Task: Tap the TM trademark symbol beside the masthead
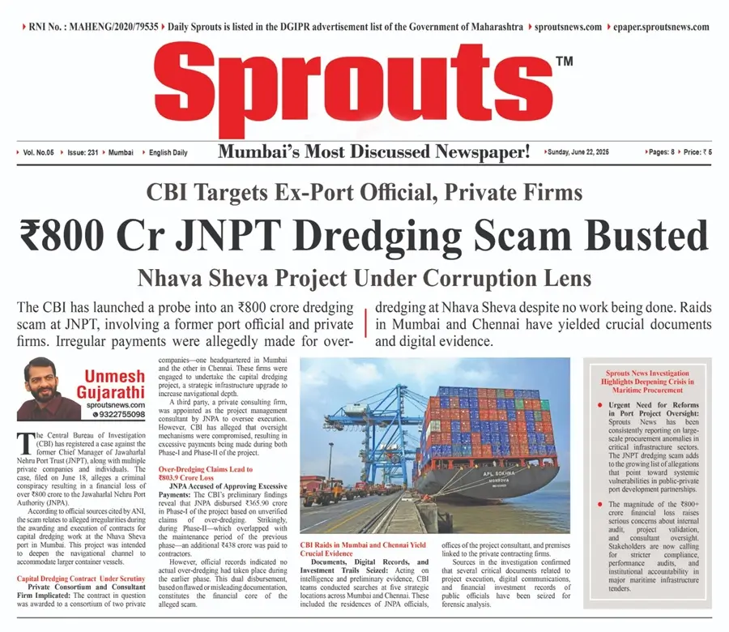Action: [x=565, y=62]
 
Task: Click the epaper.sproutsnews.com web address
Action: [x=662, y=27]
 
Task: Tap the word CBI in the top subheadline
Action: [x=169, y=193]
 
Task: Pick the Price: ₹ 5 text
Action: [x=699, y=152]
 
